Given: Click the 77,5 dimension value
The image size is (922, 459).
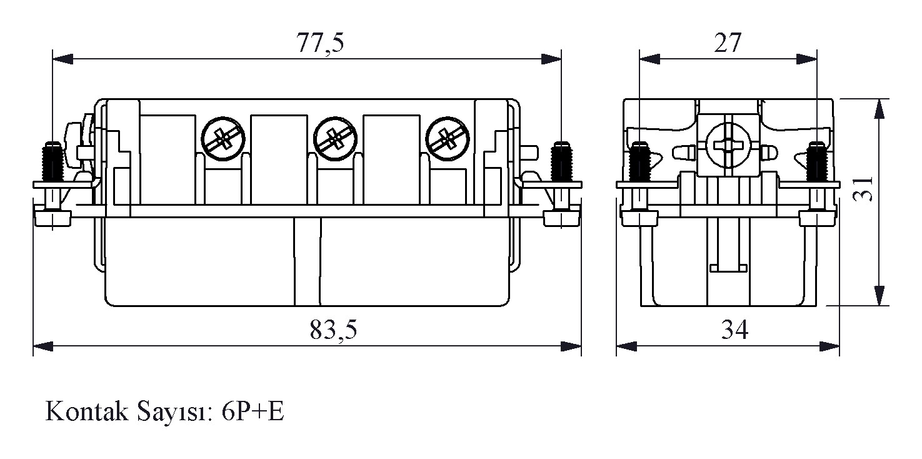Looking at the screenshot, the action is [320, 43].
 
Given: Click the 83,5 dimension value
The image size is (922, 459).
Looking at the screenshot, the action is [333, 330].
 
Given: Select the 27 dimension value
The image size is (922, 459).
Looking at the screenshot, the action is [728, 43].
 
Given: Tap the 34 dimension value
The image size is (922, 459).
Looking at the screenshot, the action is [734, 330].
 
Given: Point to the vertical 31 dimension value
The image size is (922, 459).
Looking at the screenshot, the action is [863, 188].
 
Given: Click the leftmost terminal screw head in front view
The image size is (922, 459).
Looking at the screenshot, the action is [223, 139].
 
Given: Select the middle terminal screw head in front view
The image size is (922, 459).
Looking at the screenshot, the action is [335, 139].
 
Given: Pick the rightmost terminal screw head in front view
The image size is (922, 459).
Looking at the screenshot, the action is [448, 139].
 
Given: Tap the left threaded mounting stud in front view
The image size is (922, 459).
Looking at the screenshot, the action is [53, 162].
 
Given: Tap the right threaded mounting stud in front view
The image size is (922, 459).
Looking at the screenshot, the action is [561, 162].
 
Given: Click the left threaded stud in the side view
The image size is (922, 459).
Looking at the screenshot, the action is [639, 162].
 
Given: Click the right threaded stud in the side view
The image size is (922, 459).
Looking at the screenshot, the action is [817, 162].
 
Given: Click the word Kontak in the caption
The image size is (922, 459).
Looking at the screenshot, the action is [87, 411].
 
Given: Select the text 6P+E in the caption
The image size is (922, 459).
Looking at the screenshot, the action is [253, 411].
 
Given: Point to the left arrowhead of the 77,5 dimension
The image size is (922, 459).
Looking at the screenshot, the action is [63, 59].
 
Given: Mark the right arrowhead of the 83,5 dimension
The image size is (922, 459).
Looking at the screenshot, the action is [571, 346].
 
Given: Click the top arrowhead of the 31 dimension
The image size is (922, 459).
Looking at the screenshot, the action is [879, 109].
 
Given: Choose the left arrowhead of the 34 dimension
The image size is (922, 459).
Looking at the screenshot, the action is [626, 346].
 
